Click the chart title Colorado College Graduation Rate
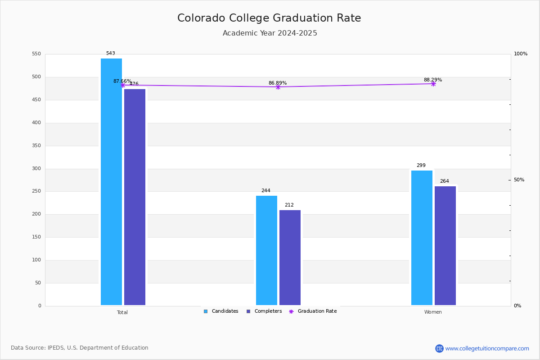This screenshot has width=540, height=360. (269, 18)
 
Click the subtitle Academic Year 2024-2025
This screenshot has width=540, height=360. (270, 33)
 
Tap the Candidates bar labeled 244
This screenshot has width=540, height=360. (266, 250)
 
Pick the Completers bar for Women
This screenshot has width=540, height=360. (445, 246)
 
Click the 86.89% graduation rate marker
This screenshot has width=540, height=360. (278, 87)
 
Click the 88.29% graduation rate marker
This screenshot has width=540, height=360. (433, 84)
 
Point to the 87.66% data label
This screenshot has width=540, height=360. (122, 81)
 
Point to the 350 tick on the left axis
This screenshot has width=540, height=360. (36, 146)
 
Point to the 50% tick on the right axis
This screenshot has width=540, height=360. (519, 180)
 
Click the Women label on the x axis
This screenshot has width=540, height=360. (433, 312)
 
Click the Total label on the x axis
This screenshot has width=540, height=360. (122, 312)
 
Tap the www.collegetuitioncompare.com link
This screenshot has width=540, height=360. (487, 348)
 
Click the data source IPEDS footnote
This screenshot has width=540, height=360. (80, 348)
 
